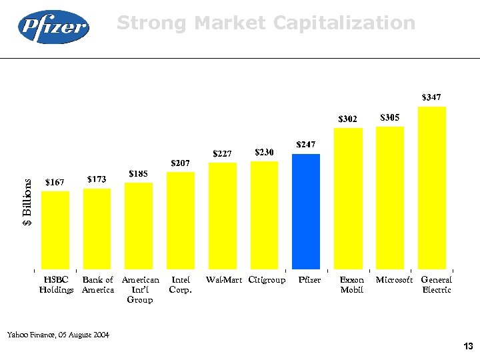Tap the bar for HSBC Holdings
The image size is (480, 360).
(55, 229)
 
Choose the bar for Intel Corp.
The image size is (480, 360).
(181, 220)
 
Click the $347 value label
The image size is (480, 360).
(431, 97)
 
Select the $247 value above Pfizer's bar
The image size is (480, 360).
(306, 145)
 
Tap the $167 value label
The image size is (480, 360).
(55, 182)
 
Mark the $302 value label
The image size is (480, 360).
(347, 119)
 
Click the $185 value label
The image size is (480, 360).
(138, 174)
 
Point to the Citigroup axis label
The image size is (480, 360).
(267, 280)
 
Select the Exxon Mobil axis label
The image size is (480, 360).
(351, 285)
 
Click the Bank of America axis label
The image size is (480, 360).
(97, 285)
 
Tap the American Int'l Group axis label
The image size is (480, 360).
(140, 289)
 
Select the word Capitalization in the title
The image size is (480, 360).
(344, 24)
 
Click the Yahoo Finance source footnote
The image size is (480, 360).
(58, 333)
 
